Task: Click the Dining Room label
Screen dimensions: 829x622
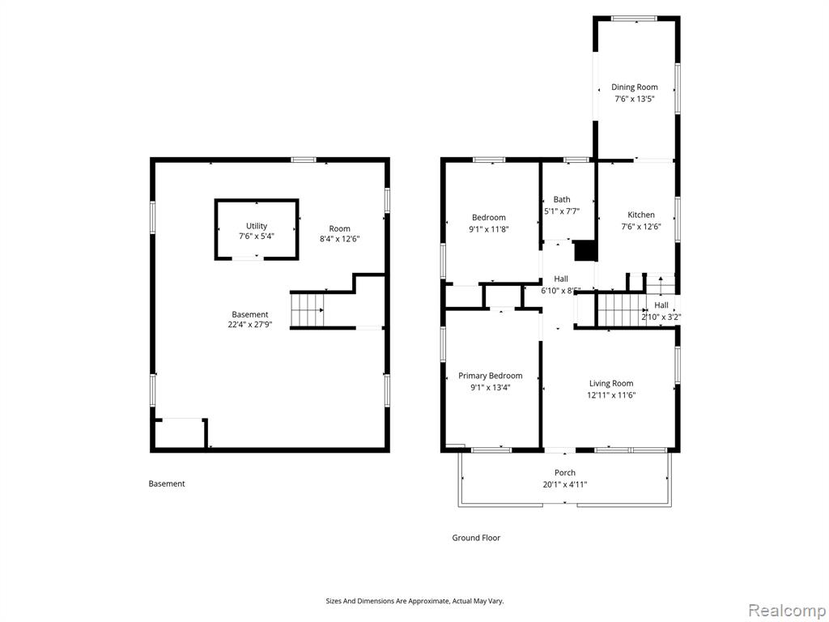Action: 635,87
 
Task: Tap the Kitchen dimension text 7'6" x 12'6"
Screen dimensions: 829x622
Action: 641,227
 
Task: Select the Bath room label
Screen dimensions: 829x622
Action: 562,199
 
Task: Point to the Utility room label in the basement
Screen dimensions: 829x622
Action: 257,226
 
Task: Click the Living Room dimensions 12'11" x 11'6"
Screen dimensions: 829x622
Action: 611,395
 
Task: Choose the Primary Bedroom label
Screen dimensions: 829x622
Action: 490,376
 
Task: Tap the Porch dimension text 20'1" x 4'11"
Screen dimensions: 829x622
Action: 564,484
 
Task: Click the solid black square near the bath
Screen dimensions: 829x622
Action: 585,251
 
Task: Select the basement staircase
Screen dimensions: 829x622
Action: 307,310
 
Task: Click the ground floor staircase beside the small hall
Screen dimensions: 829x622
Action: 622,310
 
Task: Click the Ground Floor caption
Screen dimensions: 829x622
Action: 476,538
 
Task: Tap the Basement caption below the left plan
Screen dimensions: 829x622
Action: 167,484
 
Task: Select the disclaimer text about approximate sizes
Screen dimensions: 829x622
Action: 414,602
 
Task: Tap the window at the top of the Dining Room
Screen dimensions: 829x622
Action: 635,19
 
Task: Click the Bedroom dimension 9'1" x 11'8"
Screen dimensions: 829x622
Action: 488,229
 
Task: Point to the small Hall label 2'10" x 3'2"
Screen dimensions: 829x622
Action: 661,317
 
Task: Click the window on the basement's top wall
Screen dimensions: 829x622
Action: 304,160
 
